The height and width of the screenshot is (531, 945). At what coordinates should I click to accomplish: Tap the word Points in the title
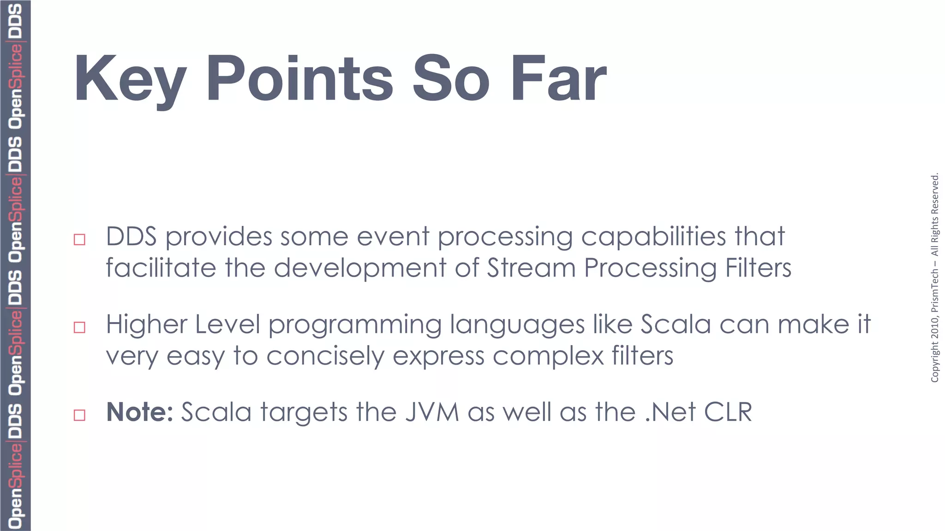(299, 78)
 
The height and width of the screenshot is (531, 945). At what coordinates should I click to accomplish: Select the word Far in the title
(558, 78)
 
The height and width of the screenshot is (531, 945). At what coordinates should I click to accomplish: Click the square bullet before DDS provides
(79, 240)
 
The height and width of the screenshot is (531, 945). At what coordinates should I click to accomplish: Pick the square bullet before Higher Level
(79, 327)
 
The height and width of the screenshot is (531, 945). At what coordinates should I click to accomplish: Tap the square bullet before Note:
(79, 415)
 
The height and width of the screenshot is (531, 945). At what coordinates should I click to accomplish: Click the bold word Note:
(139, 412)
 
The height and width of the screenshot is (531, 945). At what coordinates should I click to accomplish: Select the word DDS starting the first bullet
(131, 236)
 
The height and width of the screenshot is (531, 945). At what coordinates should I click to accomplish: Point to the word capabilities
(653, 237)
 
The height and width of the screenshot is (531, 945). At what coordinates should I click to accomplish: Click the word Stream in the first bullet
(531, 268)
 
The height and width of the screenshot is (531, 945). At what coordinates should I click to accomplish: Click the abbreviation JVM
(432, 412)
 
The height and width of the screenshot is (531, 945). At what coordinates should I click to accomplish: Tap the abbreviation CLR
(728, 412)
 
